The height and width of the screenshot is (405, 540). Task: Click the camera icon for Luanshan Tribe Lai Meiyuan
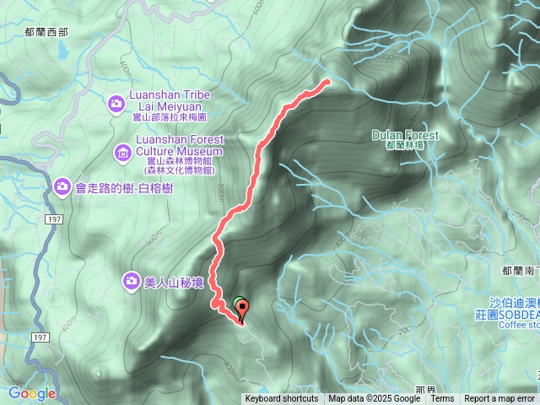point(117,104)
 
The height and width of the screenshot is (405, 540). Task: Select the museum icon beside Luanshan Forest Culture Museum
point(123,153)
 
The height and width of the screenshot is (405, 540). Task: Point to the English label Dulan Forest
point(405,135)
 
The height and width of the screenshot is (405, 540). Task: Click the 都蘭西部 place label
point(46,32)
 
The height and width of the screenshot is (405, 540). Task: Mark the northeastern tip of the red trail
point(327,82)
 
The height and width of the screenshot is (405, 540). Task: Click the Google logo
point(31,393)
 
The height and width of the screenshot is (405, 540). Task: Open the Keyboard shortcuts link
point(282,399)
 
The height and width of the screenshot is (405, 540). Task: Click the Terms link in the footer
point(442,399)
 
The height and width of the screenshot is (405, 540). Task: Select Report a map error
point(499,399)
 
